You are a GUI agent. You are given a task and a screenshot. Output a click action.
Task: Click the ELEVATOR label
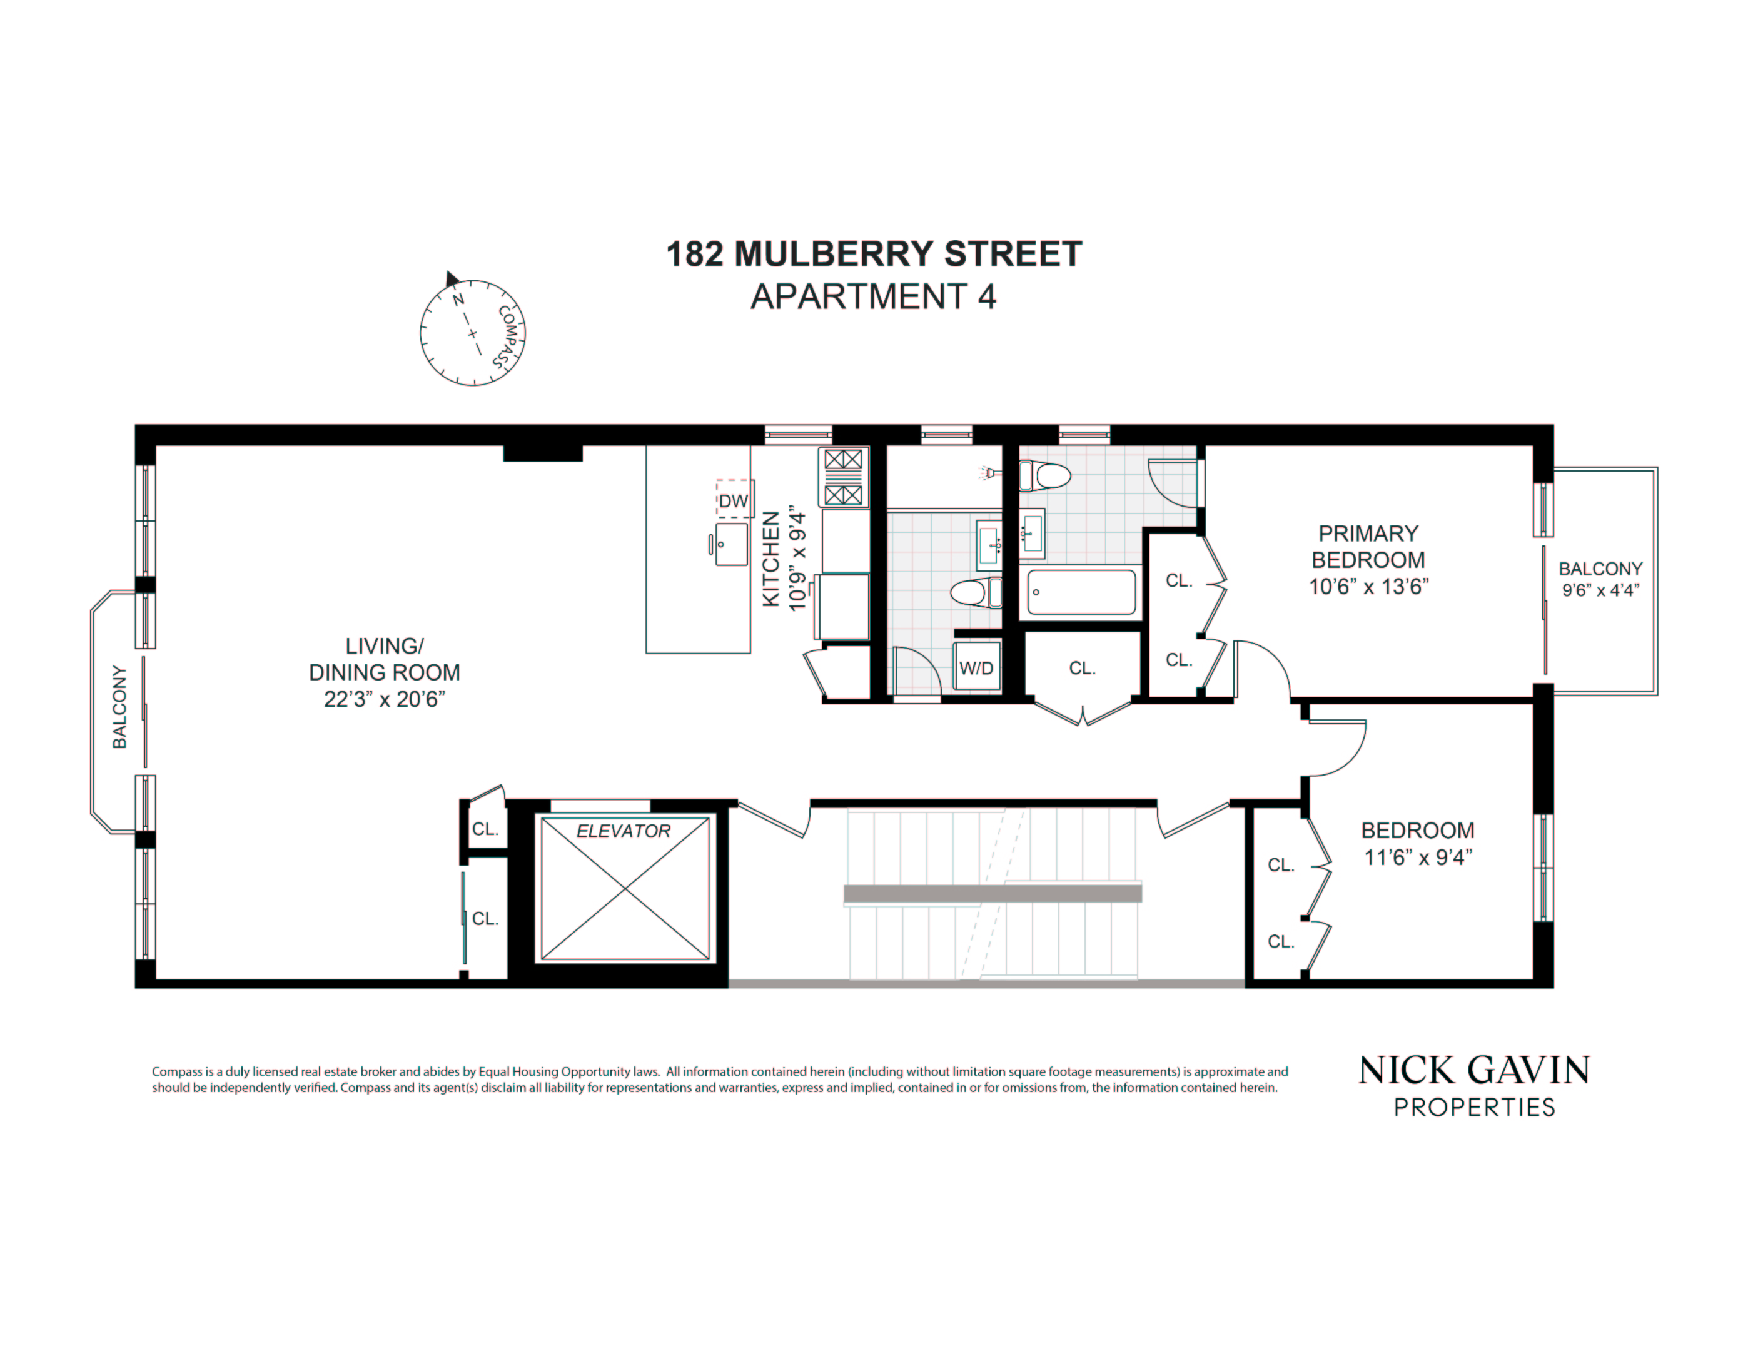pos(624,831)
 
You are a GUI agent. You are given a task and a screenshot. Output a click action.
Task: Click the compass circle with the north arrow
pos(472,332)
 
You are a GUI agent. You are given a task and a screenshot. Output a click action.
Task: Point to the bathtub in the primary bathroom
pos(1081,592)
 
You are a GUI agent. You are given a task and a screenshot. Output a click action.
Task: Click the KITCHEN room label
pos(770,559)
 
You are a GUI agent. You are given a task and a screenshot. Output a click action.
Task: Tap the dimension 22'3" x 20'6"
pos(384,699)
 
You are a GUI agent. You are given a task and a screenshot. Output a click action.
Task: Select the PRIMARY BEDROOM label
pos(1368,547)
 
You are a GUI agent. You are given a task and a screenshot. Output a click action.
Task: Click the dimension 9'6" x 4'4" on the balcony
pos(1601,590)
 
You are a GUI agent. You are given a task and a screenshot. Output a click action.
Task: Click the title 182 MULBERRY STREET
pos(874,254)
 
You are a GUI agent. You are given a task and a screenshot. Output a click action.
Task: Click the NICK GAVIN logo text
pos(1474,1071)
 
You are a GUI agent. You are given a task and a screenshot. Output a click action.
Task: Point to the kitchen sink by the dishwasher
pos(730,544)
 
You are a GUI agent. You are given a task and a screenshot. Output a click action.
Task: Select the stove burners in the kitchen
pos(844,477)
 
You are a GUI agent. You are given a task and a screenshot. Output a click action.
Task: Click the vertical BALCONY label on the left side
pos(119,707)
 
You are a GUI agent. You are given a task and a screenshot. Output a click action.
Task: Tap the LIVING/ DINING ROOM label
pos(384,659)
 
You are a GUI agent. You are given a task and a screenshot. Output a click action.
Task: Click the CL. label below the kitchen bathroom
pos(1082,668)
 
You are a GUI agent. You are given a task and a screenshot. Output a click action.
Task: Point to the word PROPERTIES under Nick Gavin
pos(1474,1108)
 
